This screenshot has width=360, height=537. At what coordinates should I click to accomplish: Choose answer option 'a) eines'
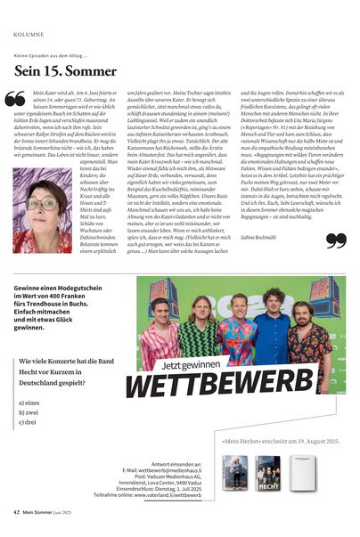click(28, 403)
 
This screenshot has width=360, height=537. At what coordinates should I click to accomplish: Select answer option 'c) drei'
click(27, 422)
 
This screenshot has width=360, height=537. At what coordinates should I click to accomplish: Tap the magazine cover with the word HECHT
click(268, 474)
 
